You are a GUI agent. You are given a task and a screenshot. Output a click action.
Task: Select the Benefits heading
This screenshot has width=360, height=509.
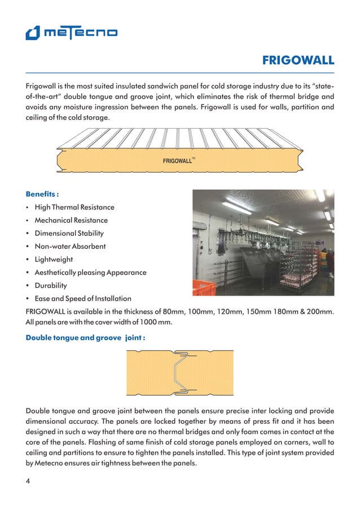click(x=42, y=194)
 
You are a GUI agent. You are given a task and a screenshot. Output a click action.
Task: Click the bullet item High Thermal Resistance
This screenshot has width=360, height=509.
click(x=74, y=207)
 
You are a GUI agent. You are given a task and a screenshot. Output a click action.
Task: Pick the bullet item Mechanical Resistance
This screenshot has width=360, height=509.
click(x=71, y=220)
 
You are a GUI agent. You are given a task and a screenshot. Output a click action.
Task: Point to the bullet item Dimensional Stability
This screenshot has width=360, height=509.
click(x=69, y=233)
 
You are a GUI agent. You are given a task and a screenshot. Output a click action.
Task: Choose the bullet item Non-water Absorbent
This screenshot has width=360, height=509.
click(x=70, y=246)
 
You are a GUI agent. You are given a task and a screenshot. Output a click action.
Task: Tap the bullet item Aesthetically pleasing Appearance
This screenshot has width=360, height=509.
click(x=90, y=273)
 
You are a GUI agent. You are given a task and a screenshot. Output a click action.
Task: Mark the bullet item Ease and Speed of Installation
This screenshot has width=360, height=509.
click(x=83, y=299)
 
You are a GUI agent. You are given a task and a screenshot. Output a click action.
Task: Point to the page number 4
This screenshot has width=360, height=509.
click(x=28, y=481)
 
